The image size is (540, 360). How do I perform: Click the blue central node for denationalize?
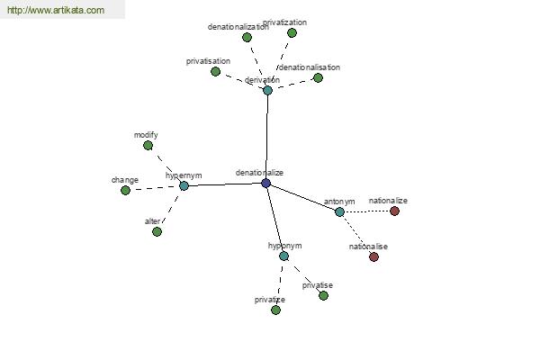coord(265,183)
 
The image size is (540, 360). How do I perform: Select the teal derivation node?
coord(267,90)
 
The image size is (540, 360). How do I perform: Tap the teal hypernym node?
coord(184,186)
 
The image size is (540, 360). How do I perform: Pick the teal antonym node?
coord(339,211)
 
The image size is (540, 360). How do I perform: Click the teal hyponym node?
coord(283,256)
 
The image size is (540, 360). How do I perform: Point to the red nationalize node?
coord(395,211)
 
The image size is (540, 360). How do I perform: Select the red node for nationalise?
coord(374,256)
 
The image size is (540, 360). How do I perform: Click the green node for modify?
coord(148,146)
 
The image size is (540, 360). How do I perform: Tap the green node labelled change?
coord(125,190)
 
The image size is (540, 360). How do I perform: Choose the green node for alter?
coord(157,231)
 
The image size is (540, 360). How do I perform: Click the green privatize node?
coord(276,310)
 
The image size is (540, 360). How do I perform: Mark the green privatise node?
coord(323,295)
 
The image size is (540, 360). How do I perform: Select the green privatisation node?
coord(216,71)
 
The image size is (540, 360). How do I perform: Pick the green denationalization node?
coord(247,37)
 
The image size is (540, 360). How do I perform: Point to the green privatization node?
coord(292,32)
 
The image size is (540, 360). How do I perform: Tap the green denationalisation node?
coord(319,78)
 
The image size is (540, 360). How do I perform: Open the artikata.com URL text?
coord(56,10)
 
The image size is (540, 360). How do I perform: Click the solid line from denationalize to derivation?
coord(266,137)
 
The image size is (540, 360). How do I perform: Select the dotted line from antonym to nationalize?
coord(367,211)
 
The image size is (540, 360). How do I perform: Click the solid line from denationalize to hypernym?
coord(224,184)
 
